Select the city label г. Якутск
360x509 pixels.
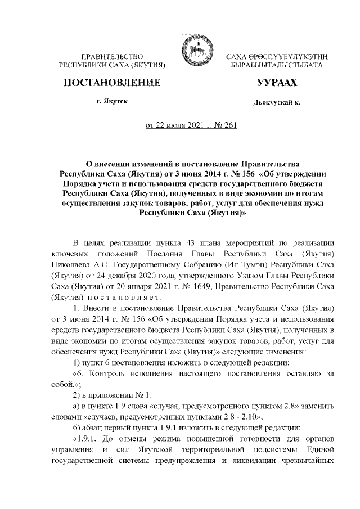click(x=112, y=103)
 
